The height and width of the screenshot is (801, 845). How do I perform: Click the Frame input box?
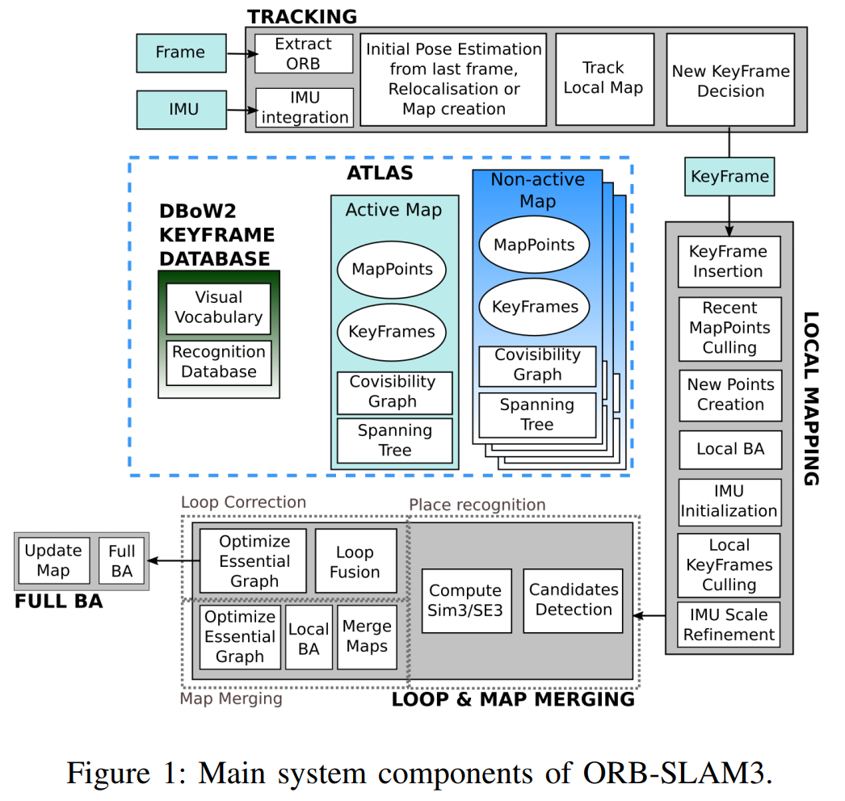(x=180, y=52)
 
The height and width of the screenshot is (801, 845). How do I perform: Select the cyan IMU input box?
(x=180, y=109)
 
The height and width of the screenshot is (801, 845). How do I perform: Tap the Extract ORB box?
(x=304, y=53)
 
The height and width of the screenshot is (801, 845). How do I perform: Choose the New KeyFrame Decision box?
(x=730, y=81)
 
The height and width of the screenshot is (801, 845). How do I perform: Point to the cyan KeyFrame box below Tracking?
(x=730, y=176)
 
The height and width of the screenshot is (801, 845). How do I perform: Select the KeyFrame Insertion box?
(x=729, y=262)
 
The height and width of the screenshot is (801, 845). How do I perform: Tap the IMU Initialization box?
(x=729, y=501)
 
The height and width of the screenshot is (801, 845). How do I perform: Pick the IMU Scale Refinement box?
(x=729, y=625)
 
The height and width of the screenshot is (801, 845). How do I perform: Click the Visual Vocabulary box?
(x=219, y=308)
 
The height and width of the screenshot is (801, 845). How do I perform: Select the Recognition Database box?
(x=219, y=362)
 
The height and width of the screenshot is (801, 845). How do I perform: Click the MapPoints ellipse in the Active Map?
(x=391, y=270)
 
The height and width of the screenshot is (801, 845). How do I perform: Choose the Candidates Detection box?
(x=574, y=600)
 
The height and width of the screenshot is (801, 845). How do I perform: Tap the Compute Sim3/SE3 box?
(x=465, y=601)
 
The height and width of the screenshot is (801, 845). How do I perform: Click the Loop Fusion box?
(x=355, y=562)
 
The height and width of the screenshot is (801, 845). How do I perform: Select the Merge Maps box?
(x=367, y=637)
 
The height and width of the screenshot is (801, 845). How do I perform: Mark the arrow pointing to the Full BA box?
(x=170, y=560)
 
